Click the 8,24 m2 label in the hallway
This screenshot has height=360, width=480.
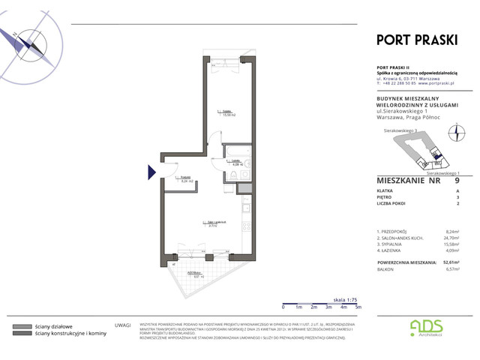pos(187,180)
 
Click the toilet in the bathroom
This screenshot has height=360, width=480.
pos(234,175)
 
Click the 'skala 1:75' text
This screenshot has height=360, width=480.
pos(345,298)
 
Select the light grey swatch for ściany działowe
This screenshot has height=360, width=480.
pos(22,327)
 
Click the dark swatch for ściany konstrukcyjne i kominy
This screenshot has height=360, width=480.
pos(22,334)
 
